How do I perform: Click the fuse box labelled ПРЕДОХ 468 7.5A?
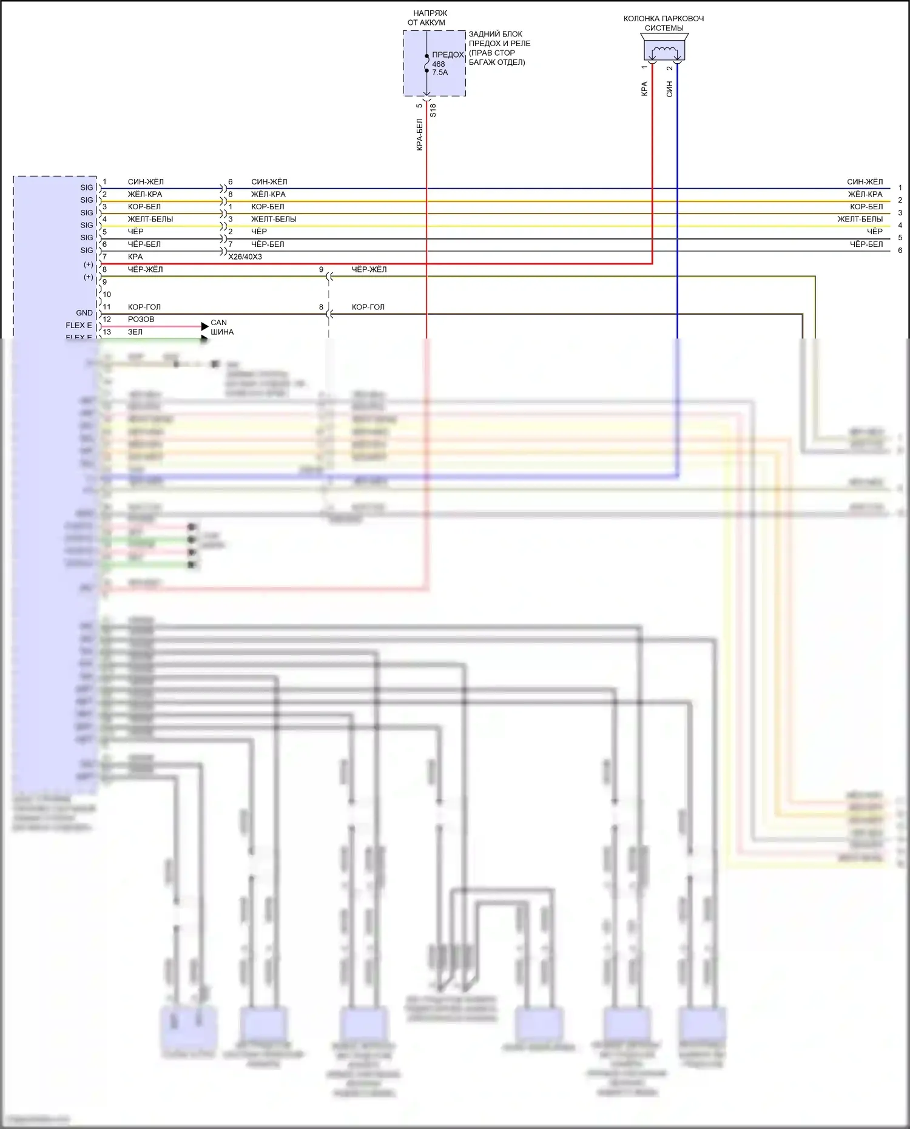tap(434, 64)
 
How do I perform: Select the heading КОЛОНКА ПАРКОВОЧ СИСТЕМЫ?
tap(664, 23)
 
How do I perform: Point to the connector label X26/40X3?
tap(245, 257)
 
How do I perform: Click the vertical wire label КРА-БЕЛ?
tap(419, 135)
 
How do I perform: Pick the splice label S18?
tap(433, 110)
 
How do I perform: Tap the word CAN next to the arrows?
tap(218, 323)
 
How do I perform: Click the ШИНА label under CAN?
tap(222, 332)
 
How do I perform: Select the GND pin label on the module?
tap(84, 313)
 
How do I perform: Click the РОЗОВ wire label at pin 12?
tap(141, 319)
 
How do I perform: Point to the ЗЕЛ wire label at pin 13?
tap(135, 332)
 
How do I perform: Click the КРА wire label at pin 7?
tap(135, 257)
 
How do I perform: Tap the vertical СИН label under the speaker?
tap(670, 89)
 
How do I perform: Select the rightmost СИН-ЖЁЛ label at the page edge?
tap(864, 182)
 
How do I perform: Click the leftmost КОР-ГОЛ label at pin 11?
tap(144, 307)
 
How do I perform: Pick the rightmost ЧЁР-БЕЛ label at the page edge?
tap(866, 244)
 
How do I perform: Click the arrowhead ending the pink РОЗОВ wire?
tap(204, 326)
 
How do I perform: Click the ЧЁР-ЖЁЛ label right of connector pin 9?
tap(369, 269)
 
